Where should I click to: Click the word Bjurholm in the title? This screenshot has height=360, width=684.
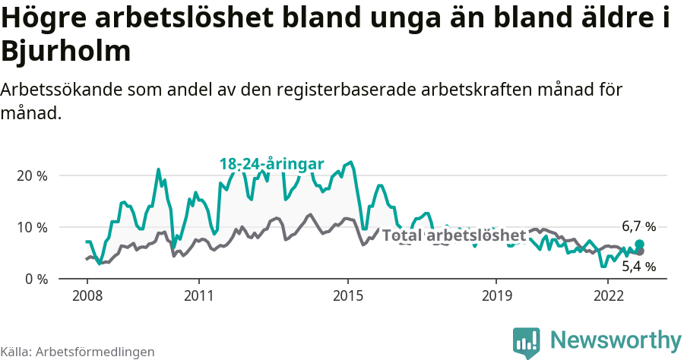[67, 51]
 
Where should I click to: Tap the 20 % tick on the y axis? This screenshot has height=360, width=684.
[32, 175]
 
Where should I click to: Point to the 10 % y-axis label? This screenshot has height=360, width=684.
[32, 227]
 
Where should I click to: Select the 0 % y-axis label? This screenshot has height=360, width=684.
[36, 279]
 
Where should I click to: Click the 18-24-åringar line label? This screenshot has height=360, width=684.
[271, 164]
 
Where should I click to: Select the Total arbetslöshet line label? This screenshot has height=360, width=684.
[454, 235]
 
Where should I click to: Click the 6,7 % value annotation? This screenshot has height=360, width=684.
[638, 226]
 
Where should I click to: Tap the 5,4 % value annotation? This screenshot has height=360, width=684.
[638, 266]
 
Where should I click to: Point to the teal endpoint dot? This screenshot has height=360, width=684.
[639, 244]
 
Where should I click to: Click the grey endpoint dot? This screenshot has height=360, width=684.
[639, 251]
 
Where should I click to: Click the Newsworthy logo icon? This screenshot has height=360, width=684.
[527, 342]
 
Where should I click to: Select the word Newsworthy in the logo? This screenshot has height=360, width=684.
[616, 339]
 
